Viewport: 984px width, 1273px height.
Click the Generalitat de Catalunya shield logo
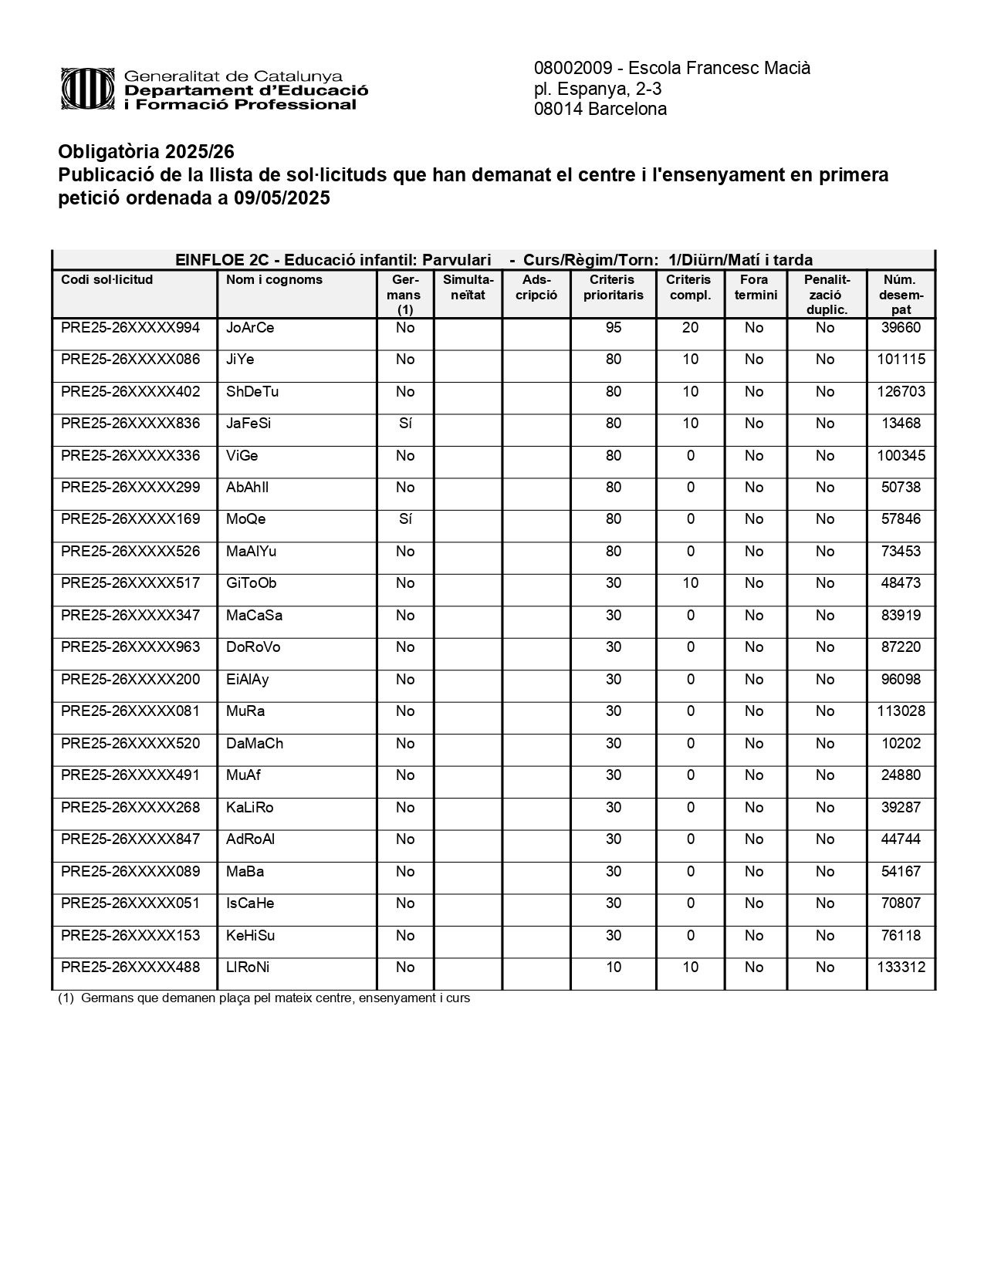[88, 89]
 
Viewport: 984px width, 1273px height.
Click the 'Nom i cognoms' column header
[274, 279]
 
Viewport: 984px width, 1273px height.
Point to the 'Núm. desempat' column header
[901, 294]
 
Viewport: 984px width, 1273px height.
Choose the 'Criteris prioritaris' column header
[613, 287]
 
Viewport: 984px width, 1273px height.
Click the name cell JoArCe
[250, 328]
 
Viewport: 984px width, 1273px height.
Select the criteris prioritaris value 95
[614, 328]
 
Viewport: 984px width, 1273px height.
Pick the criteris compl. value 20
[690, 328]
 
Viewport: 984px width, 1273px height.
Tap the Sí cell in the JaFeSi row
[405, 424]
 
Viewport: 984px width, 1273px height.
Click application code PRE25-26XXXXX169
[130, 519]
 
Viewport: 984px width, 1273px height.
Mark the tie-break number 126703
[901, 392]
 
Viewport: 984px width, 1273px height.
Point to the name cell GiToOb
[252, 583]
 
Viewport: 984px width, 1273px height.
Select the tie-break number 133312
[901, 967]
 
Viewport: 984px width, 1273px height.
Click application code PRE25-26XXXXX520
[130, 744]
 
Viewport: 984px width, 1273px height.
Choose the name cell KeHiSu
[251, 936]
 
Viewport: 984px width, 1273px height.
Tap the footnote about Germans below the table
[264, 998]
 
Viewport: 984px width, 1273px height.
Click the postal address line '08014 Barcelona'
[600, 110]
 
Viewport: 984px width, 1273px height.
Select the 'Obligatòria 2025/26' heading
[146, 151]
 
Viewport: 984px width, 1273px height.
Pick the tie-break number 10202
[901, 744]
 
